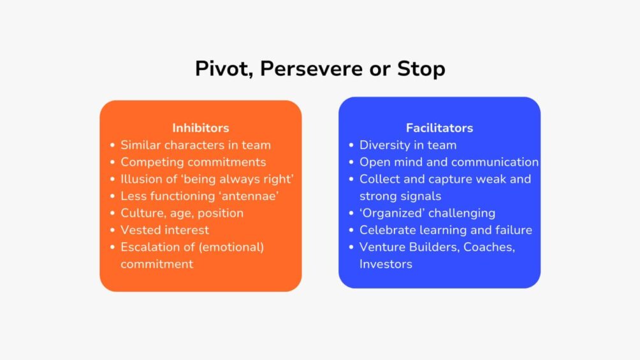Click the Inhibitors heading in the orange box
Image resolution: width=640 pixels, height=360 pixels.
pyautogui.click(x=200, y=128)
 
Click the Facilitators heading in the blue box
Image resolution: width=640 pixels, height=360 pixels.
pyautogui.click(x=439, y=128)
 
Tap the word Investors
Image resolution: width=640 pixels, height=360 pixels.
pyautogui.click(x=386, y=264)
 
